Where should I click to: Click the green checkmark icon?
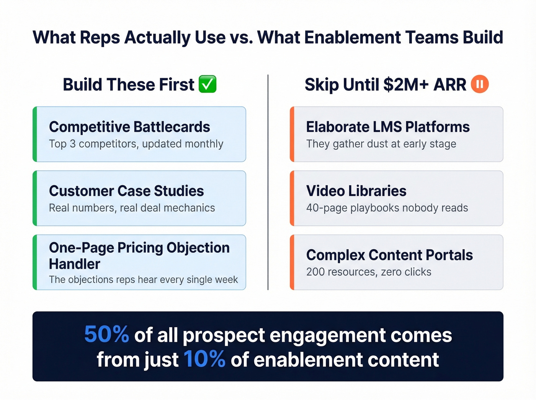pos(208,84)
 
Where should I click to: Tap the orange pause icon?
pos(480,84)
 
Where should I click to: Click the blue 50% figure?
pos(106,335)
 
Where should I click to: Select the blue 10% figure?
pos(204,359)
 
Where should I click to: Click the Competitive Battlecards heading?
pos(129,127)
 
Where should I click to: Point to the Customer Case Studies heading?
pos(126,191)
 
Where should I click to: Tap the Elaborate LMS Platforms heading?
pos(387,127)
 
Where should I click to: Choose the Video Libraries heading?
pos(356,191)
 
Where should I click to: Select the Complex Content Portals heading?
pos(389,255)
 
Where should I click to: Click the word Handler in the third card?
pos(75,264)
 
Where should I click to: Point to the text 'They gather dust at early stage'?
pos(381,144)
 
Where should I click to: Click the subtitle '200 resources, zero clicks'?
pos(369,272)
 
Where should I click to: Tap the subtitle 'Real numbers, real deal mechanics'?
pos(132,208)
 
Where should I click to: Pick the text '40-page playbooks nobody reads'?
pos(387,208)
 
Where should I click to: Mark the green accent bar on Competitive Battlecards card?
pos(35,134)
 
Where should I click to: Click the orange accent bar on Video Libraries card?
pos(292,198)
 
